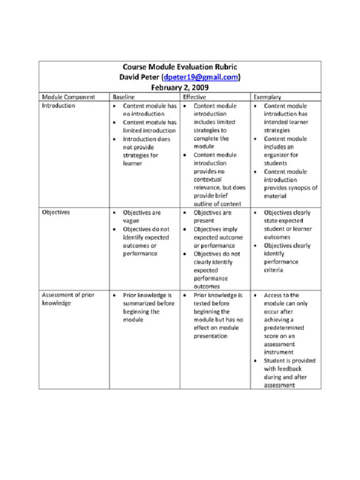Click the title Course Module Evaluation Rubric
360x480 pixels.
(180, 67)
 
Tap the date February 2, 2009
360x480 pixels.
(180, 87)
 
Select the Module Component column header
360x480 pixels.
(68, 97)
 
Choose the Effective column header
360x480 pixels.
(195, 97)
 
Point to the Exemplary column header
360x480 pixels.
(268, 97)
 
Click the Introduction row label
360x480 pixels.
(59, 105)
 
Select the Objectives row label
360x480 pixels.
(56, 212)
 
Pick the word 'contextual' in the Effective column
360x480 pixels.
(208, 180)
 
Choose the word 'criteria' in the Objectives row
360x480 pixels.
(274, 270)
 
